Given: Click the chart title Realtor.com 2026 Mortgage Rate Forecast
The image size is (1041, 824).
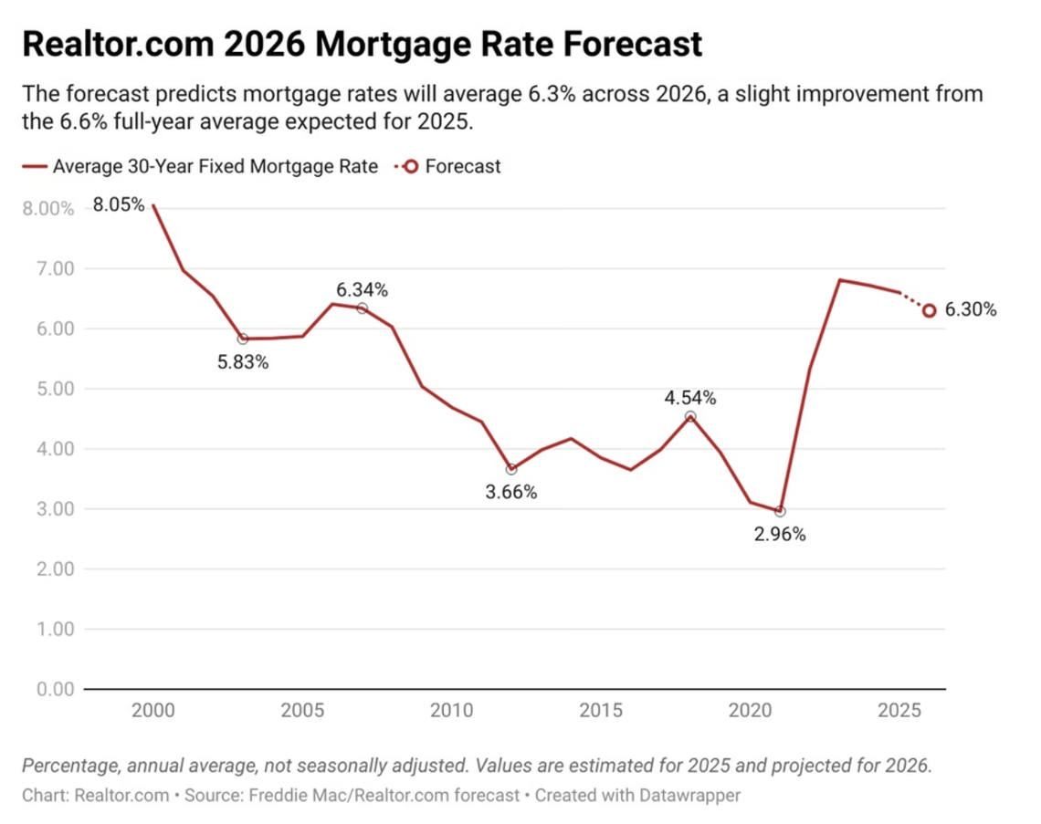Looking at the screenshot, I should pos(363,44).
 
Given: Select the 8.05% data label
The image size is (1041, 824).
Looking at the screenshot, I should pos(119,204).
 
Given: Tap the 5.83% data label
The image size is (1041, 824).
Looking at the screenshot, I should pos(243,362).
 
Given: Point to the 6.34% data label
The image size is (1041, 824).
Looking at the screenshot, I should pos(362,290).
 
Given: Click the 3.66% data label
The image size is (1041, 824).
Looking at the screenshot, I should pos(511,493).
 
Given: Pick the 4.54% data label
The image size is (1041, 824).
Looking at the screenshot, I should pos(690,398).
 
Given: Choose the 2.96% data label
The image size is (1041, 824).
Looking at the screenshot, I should pos(780,535).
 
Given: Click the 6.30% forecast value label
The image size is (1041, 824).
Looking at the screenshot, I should pos(971,310).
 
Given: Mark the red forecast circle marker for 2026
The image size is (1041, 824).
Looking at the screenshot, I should pos(929,310).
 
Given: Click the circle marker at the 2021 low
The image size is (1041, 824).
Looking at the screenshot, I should pos(780,511).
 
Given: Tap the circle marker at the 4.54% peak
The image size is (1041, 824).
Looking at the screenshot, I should pos(690,416).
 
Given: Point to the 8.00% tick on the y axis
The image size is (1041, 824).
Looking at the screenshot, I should pos(48,209).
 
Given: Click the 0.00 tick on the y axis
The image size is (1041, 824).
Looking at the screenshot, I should pos(54,689).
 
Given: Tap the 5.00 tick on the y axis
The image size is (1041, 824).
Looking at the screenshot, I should pos(54,389).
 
